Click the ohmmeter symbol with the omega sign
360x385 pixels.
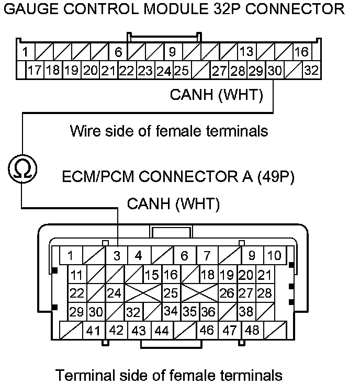point(22,168)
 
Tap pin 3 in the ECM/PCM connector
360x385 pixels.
point(117,256)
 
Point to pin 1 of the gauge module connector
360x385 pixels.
point(25,52)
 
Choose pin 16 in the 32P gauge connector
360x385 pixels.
point(301,52)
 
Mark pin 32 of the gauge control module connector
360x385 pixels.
point(311,70)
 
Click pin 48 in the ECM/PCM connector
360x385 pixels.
point(252,330)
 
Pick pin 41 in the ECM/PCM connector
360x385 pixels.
point(93,330)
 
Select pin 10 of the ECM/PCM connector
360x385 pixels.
point(274,256)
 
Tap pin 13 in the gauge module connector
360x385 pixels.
point(246,52)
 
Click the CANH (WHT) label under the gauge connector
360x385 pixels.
point(216,95)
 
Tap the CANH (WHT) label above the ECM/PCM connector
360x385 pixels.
point(173,203)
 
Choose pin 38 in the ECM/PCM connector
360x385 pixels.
point(246,312)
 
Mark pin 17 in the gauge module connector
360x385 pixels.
point(35,70)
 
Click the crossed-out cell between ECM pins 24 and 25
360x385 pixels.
point(142,293)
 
